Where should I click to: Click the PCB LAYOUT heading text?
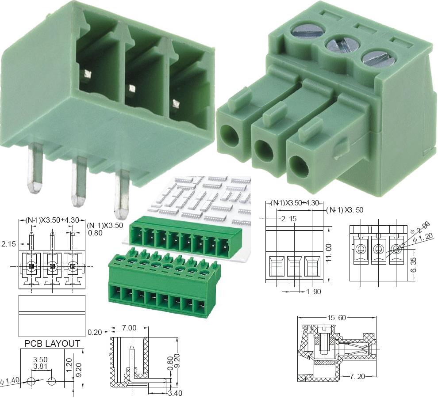coord(52,344)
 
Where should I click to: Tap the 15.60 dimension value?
coord(336,318)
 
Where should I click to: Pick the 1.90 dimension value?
coord(314,292)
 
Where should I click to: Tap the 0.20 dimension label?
coord(95,332)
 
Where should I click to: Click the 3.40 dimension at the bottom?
coord(175,393)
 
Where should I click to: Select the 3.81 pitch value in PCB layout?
coord(40,366)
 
